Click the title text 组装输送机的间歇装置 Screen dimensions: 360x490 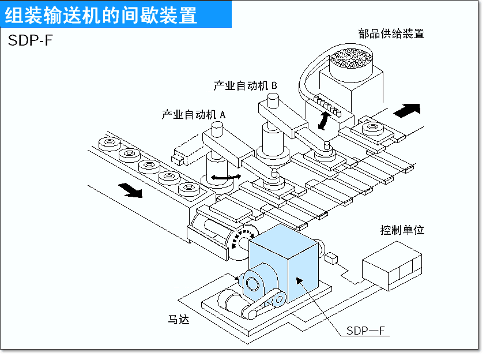[101, 15]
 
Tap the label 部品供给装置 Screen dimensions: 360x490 [390, 33]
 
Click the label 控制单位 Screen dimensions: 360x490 [402, 230]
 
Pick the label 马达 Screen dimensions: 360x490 [179, 318]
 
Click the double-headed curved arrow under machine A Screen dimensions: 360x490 [224, 178]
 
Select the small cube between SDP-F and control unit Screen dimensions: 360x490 [330, 257]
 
